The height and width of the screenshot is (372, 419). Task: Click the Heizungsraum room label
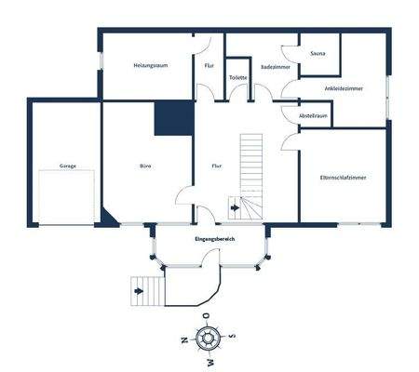point(149,66)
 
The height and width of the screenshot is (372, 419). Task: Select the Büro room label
point(146,166)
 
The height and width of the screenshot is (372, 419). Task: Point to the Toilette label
point(237,78)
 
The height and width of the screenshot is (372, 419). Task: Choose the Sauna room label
point(318,54)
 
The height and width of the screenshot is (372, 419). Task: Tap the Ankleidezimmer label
point(344,87)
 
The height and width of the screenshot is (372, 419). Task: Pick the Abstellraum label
point(313,115)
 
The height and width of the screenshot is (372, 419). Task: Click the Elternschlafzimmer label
point(343,176)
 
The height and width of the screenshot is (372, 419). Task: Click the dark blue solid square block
point(173,120)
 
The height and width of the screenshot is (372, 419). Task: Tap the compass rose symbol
point(208,339)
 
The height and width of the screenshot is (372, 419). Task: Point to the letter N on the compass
point(184,339)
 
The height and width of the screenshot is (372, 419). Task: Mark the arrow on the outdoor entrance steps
point(140,291)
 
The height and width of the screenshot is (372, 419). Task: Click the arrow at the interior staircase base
point(234,209)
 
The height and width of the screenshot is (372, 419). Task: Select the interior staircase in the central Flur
point(252,167)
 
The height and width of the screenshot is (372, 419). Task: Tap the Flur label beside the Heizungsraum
point(209,66)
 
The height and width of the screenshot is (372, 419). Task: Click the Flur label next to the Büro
point(216,166)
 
